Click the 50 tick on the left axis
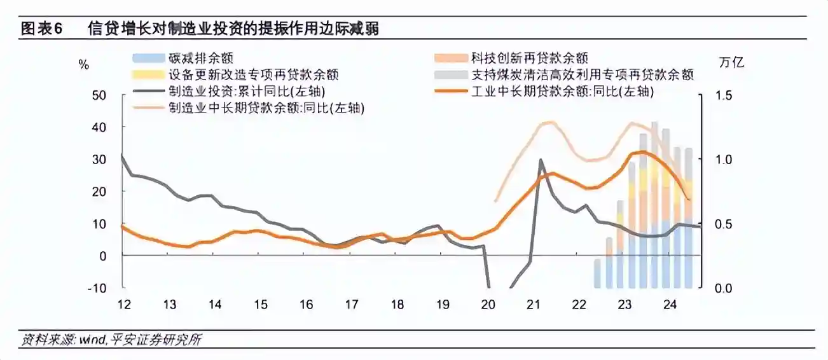(x=99, y=96)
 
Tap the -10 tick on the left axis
(x=97, y=288)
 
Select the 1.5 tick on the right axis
(x=724, y=96)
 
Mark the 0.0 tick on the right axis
(x=724, y=288)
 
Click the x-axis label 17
(x=352, y=305)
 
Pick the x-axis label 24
(x=670, y=305)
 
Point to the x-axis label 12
(x=124, y=305)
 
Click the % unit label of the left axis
(x=84, y=65)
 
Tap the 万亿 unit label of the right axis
(x=731, y=62)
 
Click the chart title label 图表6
(x=41, y=29)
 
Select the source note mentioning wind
(x=111, y=339)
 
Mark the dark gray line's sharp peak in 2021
(x=541, y=160)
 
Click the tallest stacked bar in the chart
(x=654, y=205)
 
